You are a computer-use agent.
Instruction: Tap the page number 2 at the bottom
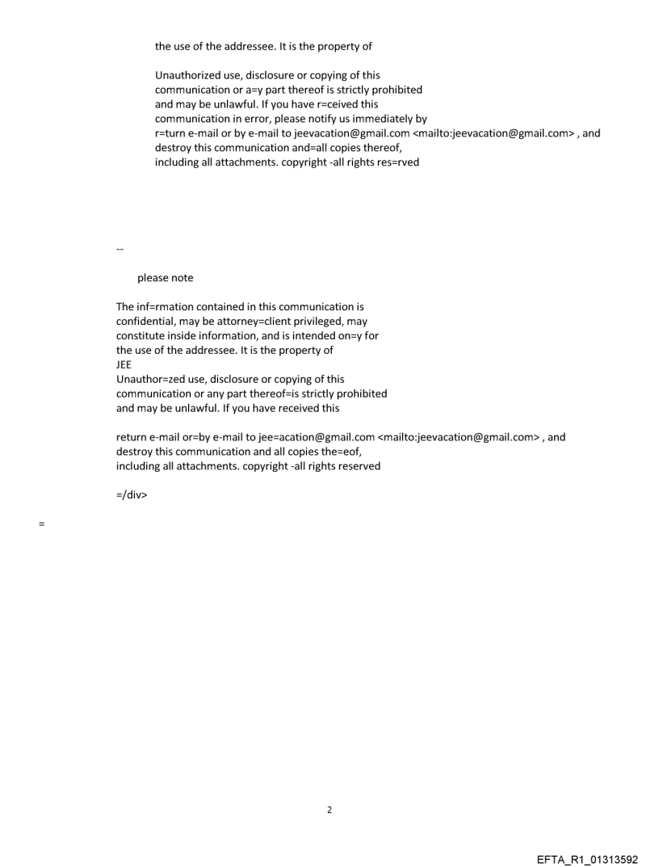click(329, 810)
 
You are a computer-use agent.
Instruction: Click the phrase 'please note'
click(165, 278)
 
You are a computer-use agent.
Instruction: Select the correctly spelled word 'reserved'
click(358, 466)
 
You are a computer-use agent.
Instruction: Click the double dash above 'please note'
click(120, 249)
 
